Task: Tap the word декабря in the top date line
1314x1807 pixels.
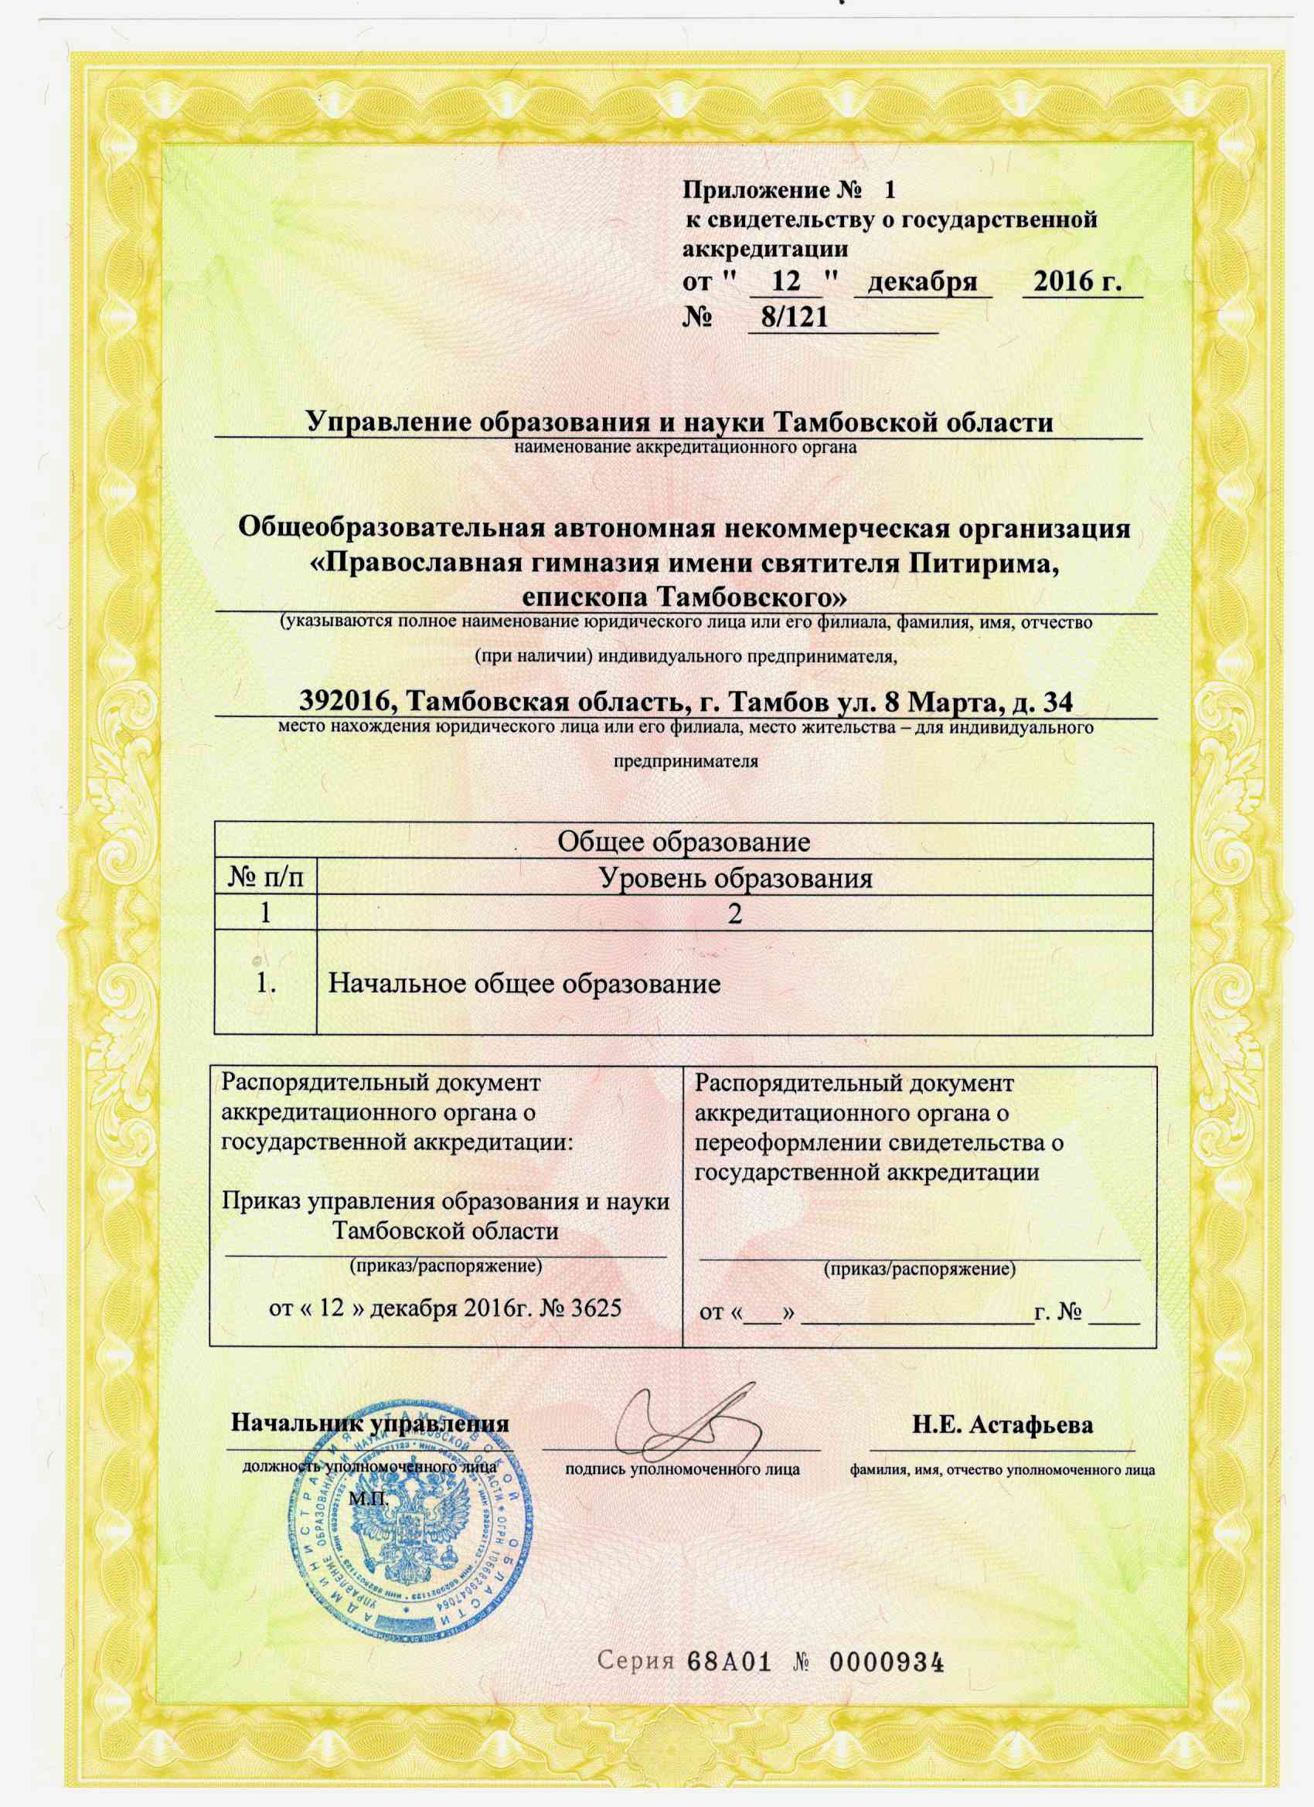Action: pyautogui.click(x=923, y=282)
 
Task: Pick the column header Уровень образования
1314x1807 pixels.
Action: pyautogui.click(x=735, y=877)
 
